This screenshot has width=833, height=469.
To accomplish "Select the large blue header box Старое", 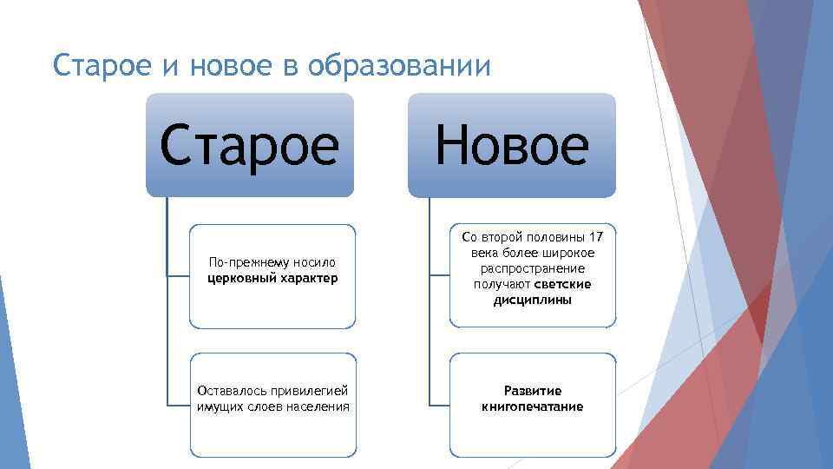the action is [x=250, y=145].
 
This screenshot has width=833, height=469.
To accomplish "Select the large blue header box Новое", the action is [x=512, y=145].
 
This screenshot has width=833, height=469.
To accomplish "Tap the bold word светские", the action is [x=563, y=285].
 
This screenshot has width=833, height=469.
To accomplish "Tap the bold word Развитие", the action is [x=533, y=391].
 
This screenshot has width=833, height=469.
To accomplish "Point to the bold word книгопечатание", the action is [x=533, y=406].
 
